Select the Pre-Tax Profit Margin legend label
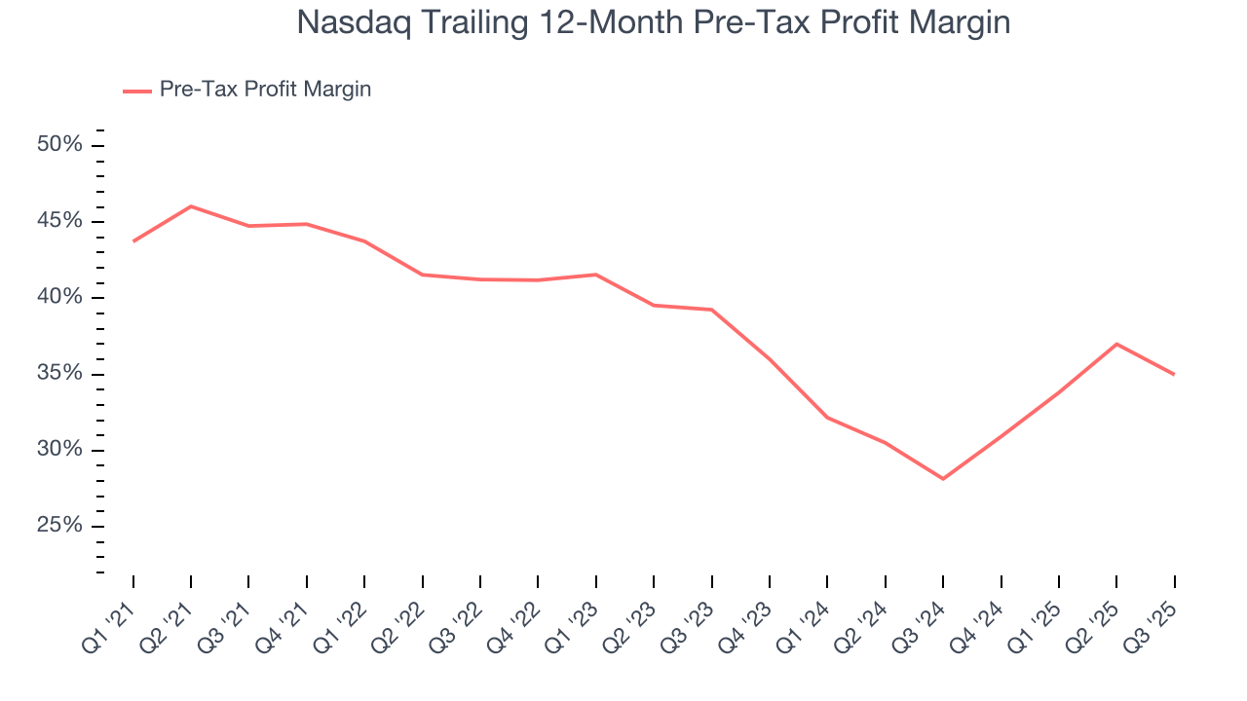click(265, 90)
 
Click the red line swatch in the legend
click(136, 91)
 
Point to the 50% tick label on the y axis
click(60, 145)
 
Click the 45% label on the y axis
click(60, 221)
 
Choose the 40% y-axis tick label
click(60, 297)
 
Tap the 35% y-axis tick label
click(60, 374)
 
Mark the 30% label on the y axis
click(60, 450)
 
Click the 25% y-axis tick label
click(60, 526)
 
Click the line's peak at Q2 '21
click(191, 206)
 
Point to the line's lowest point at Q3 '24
click(943, 479)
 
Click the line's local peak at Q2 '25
click(1116, 344)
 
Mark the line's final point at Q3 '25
click(1174, 374)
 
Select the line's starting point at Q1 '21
click(133, 240)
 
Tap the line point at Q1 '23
click(595, 275)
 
